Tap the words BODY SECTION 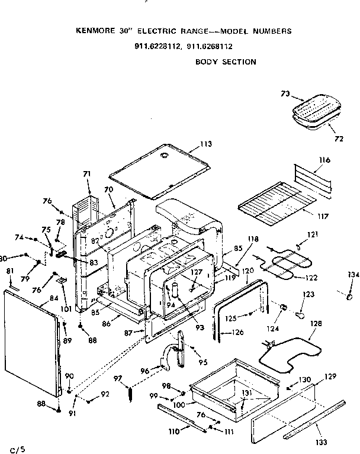pyautogui.click(x=226, y=62)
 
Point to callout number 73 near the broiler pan pyautogui.click(x=285, y=93)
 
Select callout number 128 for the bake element pyautogui.click(x=316, y=324)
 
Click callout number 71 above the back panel pyautogui.click(x=87, y=173)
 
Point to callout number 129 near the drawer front pyautogui.click(x=330, y=376)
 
